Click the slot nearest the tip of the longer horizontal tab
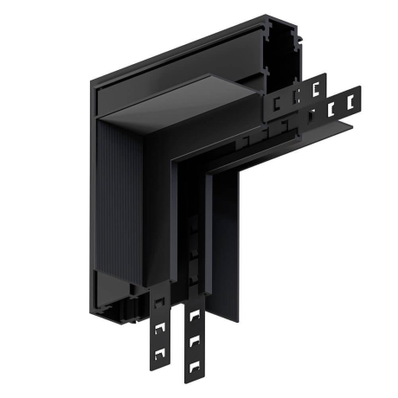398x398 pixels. (350, 102)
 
